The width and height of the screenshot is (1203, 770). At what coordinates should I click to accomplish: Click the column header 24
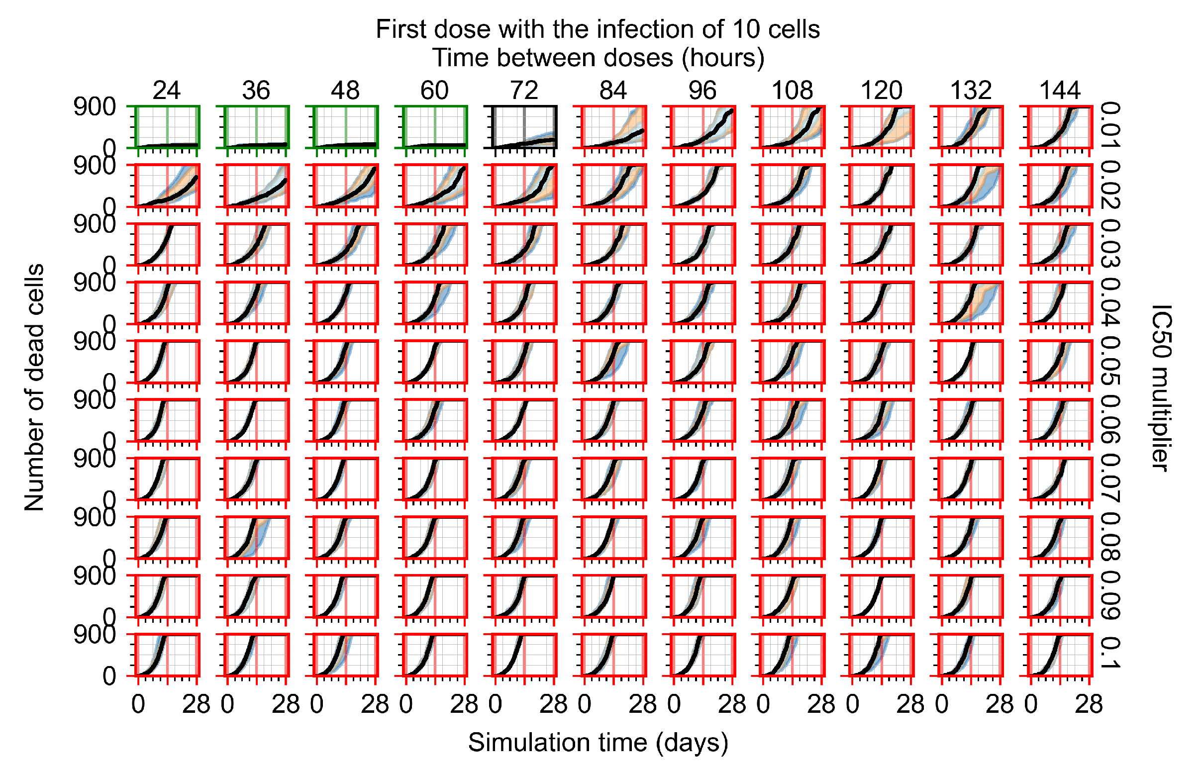167,91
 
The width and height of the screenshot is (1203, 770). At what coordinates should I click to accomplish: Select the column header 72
524,91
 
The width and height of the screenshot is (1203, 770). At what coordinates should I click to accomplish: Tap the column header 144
1060,91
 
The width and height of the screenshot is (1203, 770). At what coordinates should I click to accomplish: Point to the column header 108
792,91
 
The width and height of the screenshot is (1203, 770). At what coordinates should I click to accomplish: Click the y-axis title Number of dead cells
34,387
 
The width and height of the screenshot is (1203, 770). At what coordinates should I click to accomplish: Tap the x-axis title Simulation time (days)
598,742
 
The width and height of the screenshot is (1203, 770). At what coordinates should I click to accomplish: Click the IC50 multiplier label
1161,387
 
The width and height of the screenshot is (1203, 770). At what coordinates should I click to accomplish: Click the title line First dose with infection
598,29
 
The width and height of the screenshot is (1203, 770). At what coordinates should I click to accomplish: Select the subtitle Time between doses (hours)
598,58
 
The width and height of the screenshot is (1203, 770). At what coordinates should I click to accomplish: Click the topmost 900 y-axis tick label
95,107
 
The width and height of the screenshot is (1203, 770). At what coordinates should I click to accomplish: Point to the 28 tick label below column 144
1089,704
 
